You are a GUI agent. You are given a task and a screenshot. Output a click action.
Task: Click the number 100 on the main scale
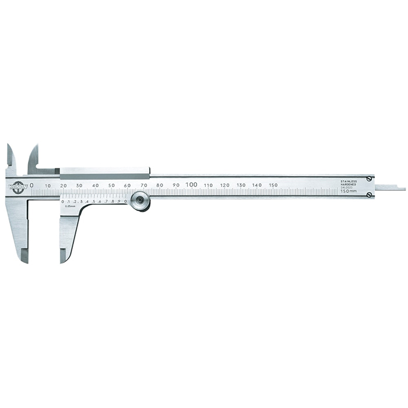pyautogui.click(x=191, y=184)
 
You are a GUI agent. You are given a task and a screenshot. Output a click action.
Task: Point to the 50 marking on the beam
pyautogui.click(x=111, y=185)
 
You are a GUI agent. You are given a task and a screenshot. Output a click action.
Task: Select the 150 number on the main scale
pyautogui.click(x=273, y=185)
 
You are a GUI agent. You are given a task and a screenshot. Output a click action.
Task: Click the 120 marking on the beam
pyautogui.click(x=224, y=185)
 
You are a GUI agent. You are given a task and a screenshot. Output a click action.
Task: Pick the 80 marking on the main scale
pyautogui.click(x=159, y=185)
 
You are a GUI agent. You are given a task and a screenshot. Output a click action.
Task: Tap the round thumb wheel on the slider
pyautogui.click(x=139, y=202)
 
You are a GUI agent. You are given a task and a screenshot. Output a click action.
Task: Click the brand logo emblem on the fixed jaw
pyautogui.click(x=17, y=187)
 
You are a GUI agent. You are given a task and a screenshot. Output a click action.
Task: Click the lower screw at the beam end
pyautogui.click(x=370, y=195)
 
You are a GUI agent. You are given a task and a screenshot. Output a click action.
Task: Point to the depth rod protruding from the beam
pyautogui.click(x=390, y=188)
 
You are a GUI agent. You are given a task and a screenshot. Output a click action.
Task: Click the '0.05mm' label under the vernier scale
pyautogui.click(x=71, y=206)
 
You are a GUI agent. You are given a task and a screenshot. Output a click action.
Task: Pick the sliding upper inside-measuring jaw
pyautogui.click(x=33, y=158)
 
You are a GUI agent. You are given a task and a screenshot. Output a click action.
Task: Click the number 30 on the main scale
pyautogui.click(x=79, y=185)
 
